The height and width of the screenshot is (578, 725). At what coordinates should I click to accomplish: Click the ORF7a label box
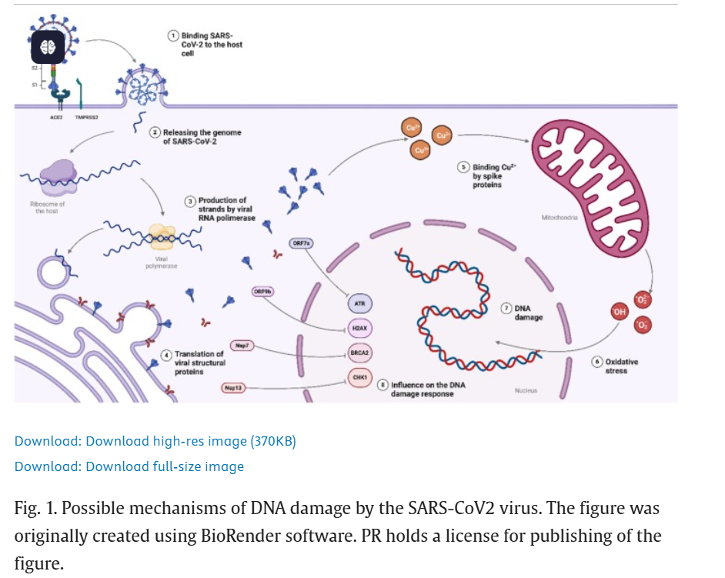[x=302, y=243]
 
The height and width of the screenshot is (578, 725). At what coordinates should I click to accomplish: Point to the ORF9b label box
[x=263, y=292]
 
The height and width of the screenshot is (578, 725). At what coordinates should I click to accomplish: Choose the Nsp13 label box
[x=233, y=388]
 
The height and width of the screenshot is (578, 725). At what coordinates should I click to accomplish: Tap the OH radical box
[x=619, y=312]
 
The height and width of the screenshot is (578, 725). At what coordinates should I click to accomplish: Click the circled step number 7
[x=506, y=308]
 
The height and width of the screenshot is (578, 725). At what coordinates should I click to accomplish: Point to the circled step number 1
[x=174, y=35]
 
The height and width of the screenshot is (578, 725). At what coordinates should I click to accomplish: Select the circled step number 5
[x=463, y=166]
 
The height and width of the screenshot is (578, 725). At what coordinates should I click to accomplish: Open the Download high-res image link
[x=155, y=441]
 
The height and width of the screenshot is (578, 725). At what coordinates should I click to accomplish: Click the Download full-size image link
[x=129, y=466]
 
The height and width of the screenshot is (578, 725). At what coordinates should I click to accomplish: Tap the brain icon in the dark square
[x=48, y=48]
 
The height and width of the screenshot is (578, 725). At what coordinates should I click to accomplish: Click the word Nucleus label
[x=526, y=391]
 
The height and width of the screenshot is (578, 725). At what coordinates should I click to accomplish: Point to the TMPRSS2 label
[x=86, y=118]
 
